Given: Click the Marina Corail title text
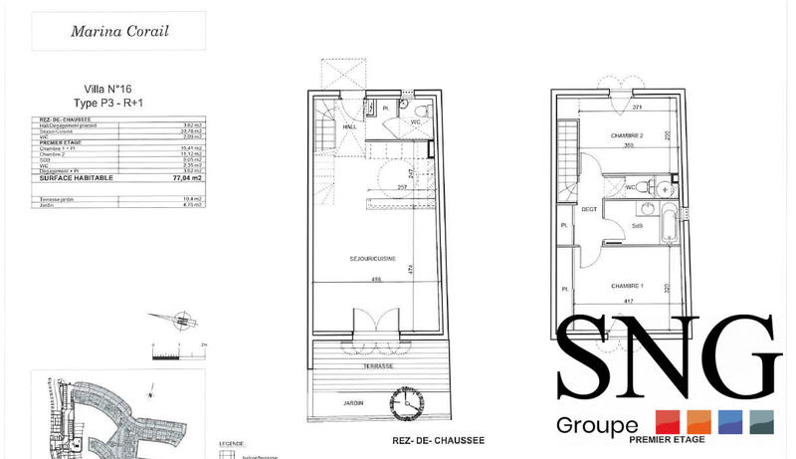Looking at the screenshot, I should coord(119,31).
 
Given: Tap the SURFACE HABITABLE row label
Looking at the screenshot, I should coord(77,178).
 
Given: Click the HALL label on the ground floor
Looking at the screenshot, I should coord(349,126).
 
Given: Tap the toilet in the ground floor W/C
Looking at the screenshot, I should coord(419,109).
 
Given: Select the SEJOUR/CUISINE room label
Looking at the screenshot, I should coord(372,259).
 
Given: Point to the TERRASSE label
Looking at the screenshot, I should coord(377,366).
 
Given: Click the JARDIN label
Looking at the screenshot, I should coord(349,402).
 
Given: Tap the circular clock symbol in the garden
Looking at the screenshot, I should coord(408,402).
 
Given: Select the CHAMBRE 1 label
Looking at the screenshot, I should coord(628,287).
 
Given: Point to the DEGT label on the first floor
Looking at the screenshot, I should coord(589,209).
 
